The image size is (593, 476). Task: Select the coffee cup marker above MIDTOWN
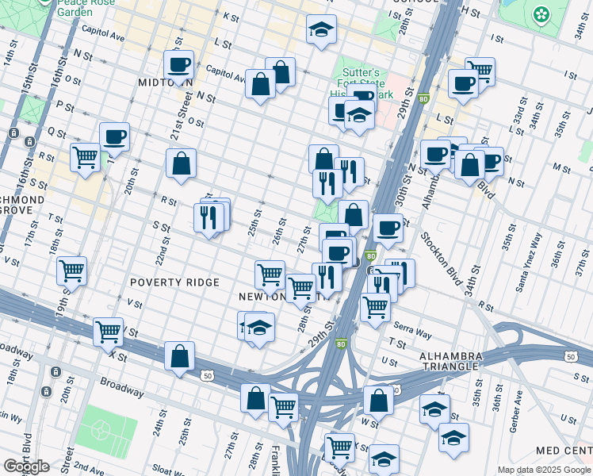pyautogui.click(x=179, y=66)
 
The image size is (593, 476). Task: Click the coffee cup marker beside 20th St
pyautogui.click(x=114, y=136)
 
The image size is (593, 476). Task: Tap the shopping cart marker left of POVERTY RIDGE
pyautogui.click(x=71, y=271)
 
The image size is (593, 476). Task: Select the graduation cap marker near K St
pyautogui.click(x=320, y=30)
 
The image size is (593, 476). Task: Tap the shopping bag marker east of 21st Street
pyautogui.click(x=182, y=163)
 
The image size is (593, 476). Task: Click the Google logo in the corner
pyautogui.click(x=26, y=466)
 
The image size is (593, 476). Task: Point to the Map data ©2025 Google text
pyautogui.click(x=544, y=470)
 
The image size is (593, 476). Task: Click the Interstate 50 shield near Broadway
pyautogui.click(x=207, y=374)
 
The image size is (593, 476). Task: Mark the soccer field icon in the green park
pyautogui.click(x=101, y=428)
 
